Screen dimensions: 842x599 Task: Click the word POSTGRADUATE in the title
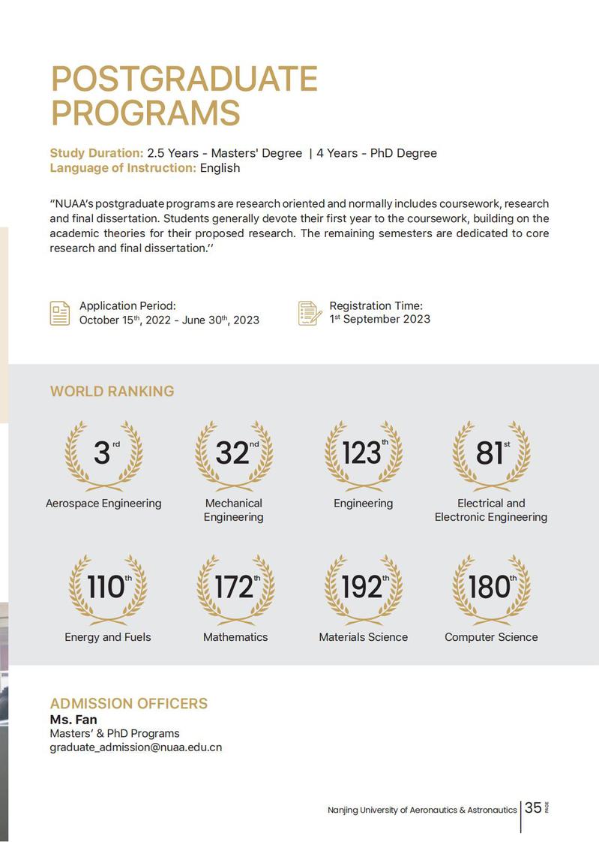[184, 80]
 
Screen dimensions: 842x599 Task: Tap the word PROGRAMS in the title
[145, 113]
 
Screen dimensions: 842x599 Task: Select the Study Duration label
[97, 153]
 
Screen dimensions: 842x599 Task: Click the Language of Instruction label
[123, 168]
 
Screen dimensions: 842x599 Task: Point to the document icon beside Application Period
[60, 313]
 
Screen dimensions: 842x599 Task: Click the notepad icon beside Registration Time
[310, 313]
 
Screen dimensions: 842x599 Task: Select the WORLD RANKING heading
[112, 391]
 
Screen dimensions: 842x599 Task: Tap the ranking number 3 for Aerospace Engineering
[101, 453]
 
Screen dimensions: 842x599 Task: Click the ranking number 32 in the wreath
[232, 453]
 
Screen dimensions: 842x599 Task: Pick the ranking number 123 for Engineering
[361, 453]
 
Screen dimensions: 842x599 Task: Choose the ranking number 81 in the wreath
[489, 453]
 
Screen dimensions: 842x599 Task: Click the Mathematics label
[235, 637]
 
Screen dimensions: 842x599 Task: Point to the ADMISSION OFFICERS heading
[128, 704]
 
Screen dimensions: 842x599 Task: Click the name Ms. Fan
[73, 720]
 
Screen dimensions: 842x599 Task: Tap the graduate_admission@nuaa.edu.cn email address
[136, 747]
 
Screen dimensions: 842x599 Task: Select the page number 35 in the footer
[533, 807]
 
